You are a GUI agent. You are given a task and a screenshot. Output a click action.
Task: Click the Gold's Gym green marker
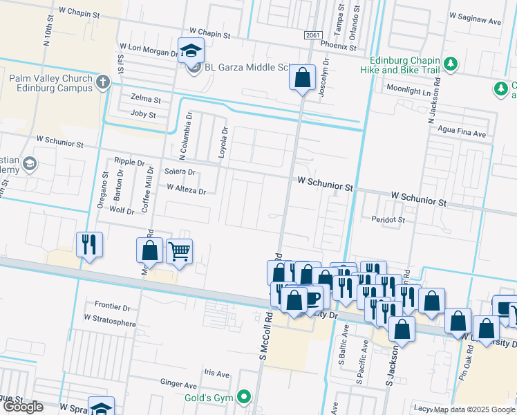pos(243,397)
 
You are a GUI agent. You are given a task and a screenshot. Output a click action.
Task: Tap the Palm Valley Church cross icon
pos(103,83)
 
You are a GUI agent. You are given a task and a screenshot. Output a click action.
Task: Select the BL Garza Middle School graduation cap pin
pos(190,50)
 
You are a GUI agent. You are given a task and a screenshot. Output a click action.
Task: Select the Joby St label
pos(144,113)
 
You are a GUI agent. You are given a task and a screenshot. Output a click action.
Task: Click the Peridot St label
pos(386,219)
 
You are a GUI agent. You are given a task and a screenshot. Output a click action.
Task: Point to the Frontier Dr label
pos(112,306)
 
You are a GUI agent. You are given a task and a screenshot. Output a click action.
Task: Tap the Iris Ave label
pos(216,373)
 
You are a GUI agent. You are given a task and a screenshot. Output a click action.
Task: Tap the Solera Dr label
pos(180,172)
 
